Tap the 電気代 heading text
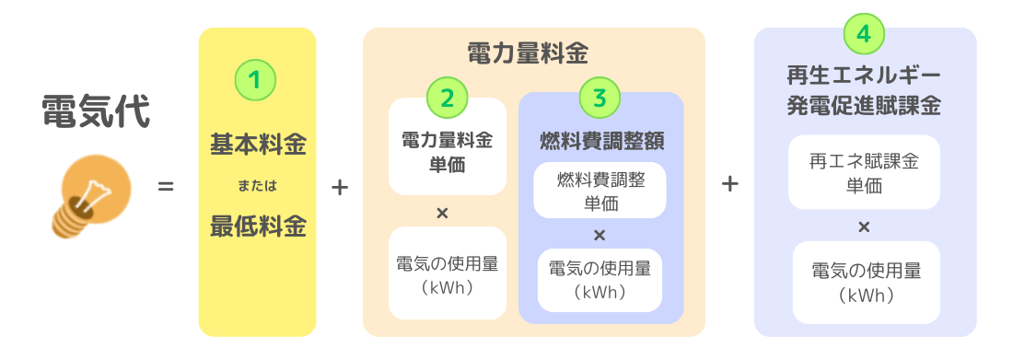coord(96,112)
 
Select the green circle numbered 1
coord(256,80)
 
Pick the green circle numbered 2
coord(448,96)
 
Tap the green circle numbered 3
coord(600,97)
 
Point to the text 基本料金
coord(258,145)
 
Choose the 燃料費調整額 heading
coord(601,141)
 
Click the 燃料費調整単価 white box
coord(600,192)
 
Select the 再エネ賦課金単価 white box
coord(864,172)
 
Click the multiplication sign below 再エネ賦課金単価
coord(864,226)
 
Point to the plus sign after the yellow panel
coord(339,187)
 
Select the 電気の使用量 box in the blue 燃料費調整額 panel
coord(600,280)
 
